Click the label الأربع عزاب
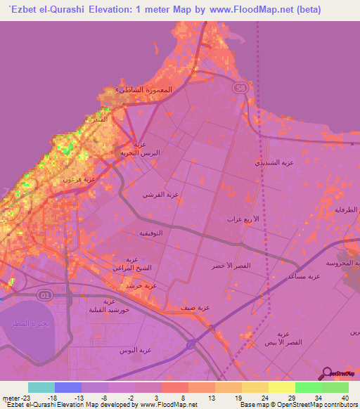[238, 219]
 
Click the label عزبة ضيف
[198, 307]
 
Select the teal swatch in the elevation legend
[41, 387]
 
